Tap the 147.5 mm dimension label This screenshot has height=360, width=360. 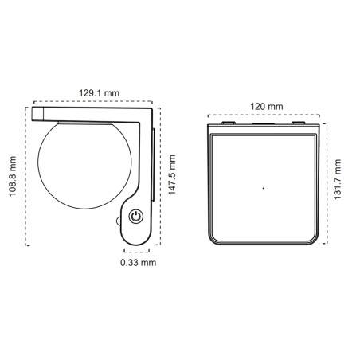171,178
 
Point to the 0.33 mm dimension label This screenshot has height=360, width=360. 138,261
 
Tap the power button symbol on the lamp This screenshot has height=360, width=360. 136,217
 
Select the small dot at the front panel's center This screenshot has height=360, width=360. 263,188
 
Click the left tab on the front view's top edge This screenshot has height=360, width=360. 227,123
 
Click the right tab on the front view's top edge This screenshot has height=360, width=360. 299,123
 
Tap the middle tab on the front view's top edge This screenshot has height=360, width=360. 263,123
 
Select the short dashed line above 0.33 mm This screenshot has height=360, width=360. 137,248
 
